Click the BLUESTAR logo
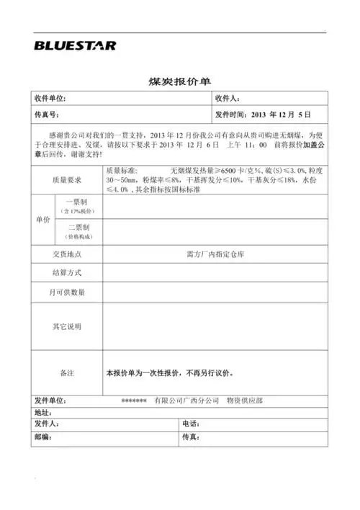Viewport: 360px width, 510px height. (x=74, y=45)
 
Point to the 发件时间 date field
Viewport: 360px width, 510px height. (x=263, y=115)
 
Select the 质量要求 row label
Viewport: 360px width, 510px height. (x=67, y=180)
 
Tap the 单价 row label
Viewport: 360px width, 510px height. (x=42, y=219)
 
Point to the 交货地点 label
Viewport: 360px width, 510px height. (x=67, y=254)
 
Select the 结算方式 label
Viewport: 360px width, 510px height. (x=67, y=274)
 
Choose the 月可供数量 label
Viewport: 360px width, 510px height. (x=67, y=292)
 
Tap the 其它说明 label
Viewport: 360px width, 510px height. (x=67, y=326)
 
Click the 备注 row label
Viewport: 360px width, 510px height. (x=67, y=373)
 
